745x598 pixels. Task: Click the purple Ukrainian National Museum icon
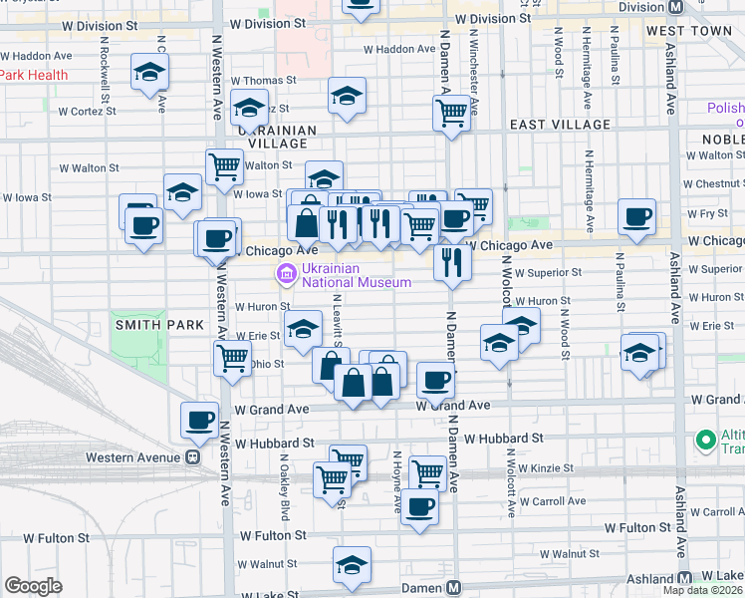click(x=286, y=274)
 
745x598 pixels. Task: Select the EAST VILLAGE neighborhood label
click(x=560, y=125)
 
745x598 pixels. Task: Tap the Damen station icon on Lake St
click(x=453, y=588)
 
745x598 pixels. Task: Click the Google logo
click(x=33, y=586)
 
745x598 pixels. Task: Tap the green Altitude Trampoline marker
click(x=706, y=439)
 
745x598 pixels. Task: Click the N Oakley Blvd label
click(x=285, y=496)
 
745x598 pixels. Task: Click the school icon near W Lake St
click(x=353, y=565)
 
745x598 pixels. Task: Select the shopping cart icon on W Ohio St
click(x=233, y=357)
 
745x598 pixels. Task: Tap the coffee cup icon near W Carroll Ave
click(x=419, y=506)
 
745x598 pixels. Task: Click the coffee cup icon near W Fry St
click(x=636, y=216)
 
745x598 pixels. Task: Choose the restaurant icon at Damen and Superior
click(x=452, y=263)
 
